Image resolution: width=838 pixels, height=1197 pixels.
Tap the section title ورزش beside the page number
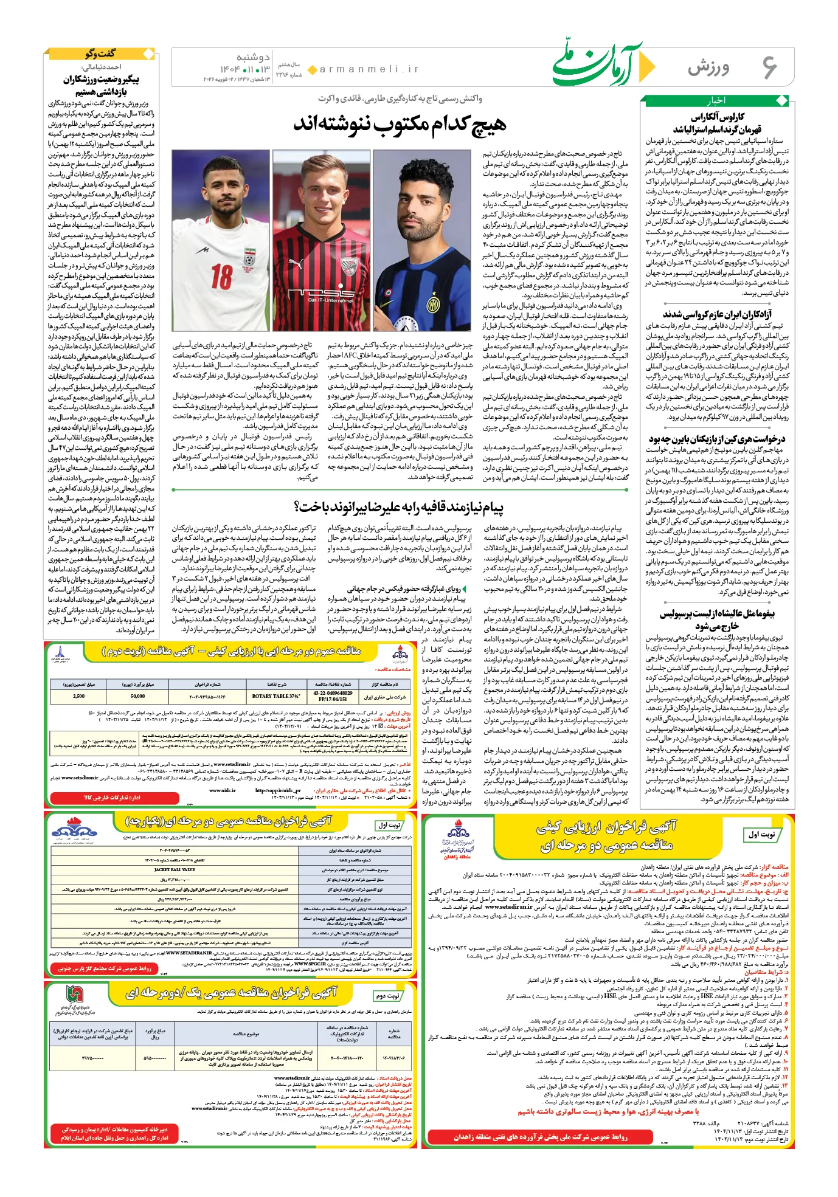coord(708,68)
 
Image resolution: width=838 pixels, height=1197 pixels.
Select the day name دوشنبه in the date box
coord(252,57)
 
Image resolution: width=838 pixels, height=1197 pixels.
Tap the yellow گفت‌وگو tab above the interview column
coord(100,53)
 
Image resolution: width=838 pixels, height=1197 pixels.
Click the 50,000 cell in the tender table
coord(137,696)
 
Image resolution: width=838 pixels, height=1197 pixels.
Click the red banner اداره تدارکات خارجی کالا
coord(112,797)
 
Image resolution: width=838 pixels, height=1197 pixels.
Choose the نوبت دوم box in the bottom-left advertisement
coord(387,996)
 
